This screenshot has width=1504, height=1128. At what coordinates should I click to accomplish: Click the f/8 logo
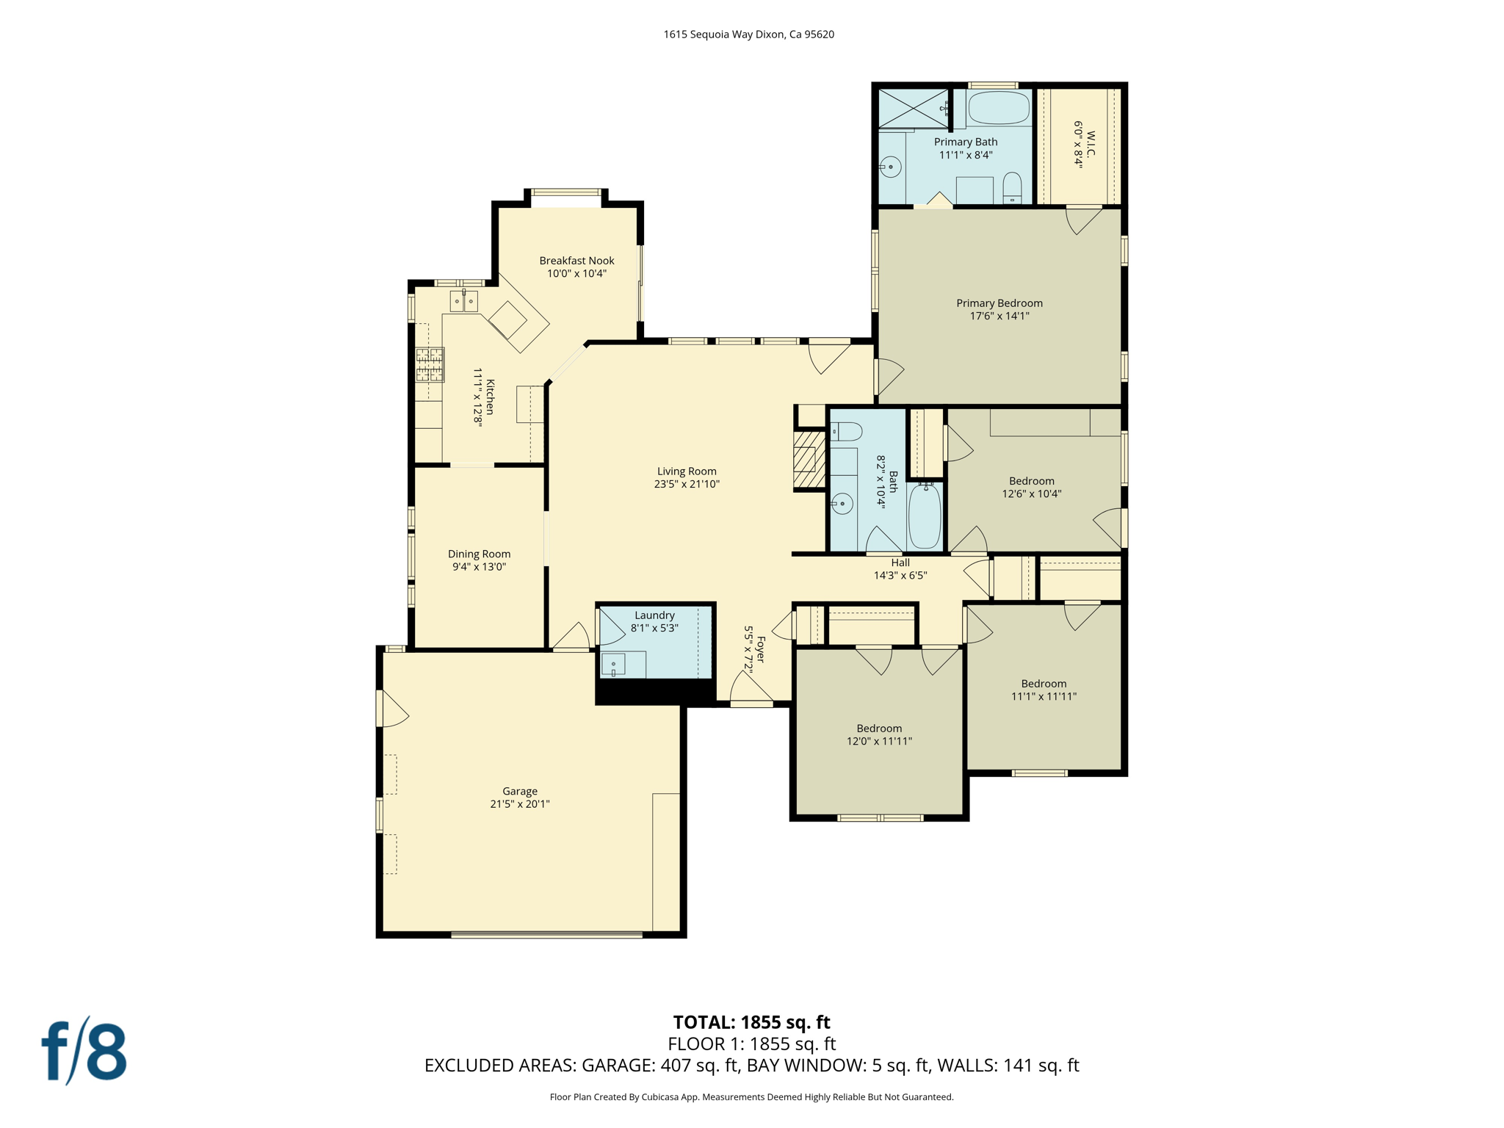(x=84, y=1050)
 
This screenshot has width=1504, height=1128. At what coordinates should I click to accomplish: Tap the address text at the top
(x=748, y=35)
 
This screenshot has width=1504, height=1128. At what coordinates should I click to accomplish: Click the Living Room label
(x=687, y=471)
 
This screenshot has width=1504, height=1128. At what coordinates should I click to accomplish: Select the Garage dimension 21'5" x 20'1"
(x=520, y=804)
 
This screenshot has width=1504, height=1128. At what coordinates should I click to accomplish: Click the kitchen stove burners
(x=430, y=365)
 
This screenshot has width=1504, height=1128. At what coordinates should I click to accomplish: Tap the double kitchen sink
(x=463, y=301)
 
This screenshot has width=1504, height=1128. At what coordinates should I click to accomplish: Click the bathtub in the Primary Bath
(x=999, y=108)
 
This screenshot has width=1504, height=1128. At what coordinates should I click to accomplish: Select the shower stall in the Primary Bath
(x=914, y=109)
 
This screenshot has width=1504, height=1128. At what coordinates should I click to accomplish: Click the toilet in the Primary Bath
(x=1012, y=189)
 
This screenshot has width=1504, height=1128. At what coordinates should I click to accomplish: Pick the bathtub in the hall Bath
(x=925, y=516)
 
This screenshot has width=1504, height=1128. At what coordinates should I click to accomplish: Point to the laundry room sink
(x=614, y=665)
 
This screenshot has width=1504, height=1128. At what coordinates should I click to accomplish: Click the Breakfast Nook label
(x=576, y=261)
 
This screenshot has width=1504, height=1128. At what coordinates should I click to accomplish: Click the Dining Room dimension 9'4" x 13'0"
(x=479, y=567)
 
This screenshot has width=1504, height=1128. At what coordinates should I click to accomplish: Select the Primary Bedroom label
(x=999, y=303)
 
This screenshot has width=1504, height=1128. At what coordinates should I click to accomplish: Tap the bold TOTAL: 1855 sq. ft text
(x=751, y=1022)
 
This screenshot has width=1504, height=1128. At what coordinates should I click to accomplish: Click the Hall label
(x=900, y=563)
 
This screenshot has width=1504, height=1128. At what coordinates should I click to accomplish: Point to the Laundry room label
(x=654, y=615)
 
